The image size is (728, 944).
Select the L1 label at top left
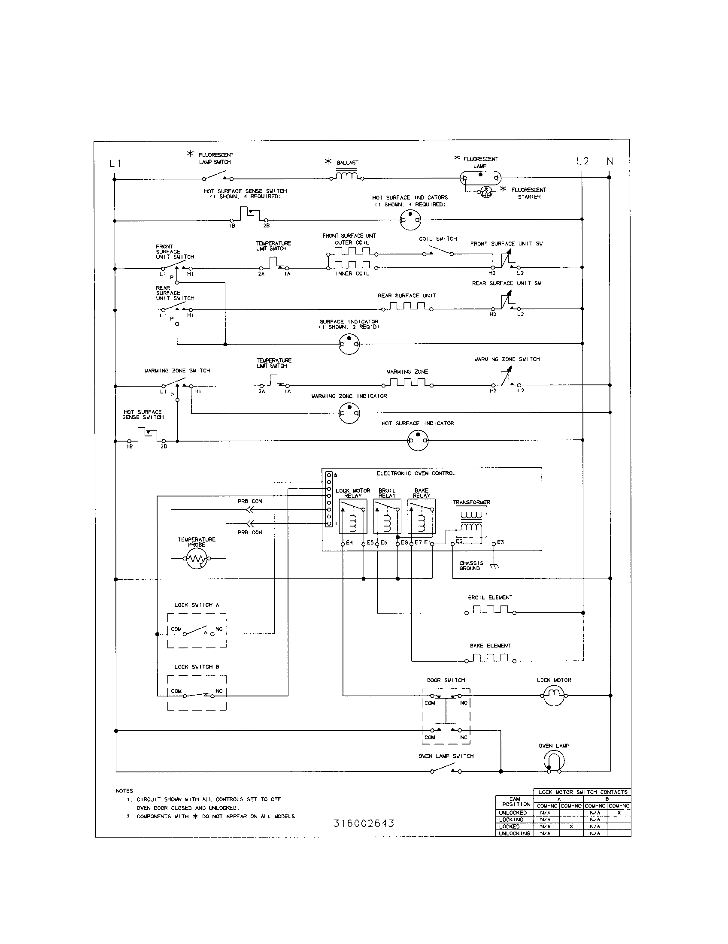(x=115, y=163)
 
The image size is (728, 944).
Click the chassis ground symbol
(x=494, y=566)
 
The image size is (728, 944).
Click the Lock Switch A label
(x=197, y=605)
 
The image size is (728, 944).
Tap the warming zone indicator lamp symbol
(x=349, y=413)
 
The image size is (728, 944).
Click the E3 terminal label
(x=500, y=542)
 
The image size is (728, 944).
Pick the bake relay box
(x=421, y=517)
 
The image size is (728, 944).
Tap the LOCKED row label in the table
(x=510, y=826)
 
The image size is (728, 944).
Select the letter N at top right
(x=610, y=161)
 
